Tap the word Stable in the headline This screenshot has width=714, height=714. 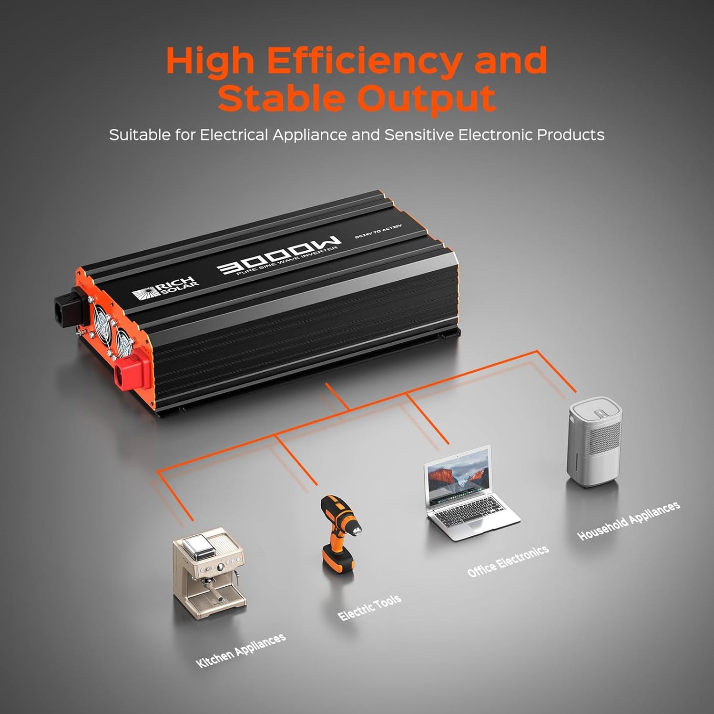281,99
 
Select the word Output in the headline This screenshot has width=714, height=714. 427,99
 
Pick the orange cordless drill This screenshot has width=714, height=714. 338,534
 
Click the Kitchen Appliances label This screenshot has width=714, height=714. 241,651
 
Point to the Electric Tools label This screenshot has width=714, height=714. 369,608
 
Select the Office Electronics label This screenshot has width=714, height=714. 508,561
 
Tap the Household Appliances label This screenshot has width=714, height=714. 628,520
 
